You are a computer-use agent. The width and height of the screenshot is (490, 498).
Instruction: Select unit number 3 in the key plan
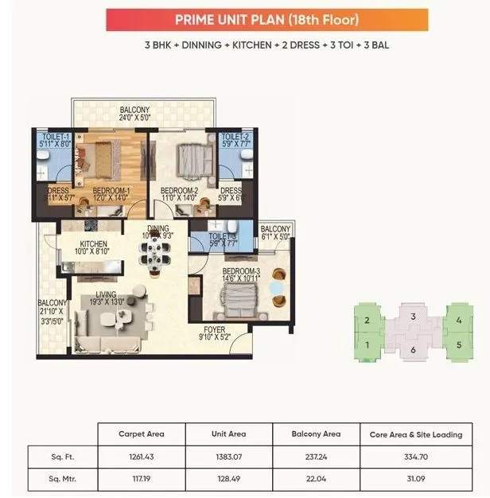tap(413, 317)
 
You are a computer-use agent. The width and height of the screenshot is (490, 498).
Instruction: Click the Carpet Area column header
tap(141, 434)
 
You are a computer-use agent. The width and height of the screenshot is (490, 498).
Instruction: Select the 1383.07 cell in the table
tap(227, 457)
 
